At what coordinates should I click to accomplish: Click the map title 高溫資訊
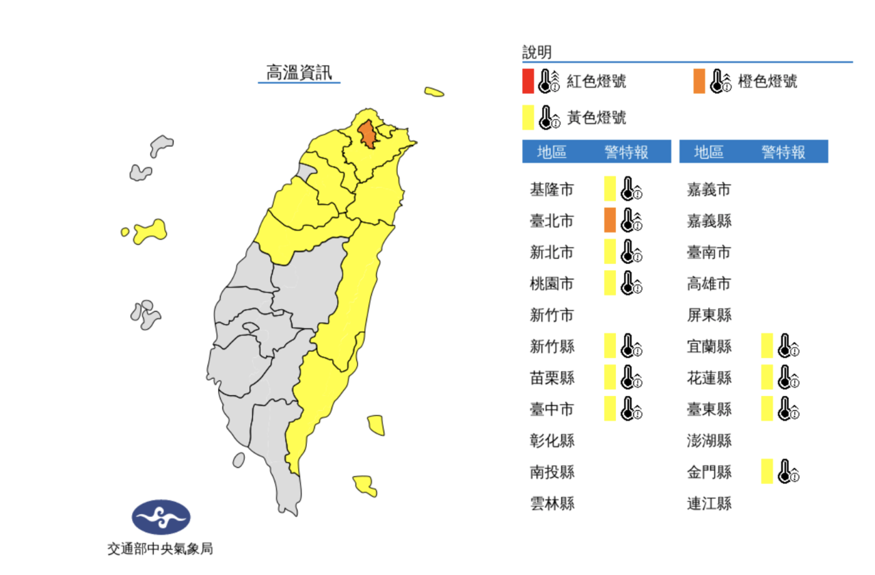tap(299, 72)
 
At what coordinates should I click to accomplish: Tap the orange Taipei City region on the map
tap(368, 135)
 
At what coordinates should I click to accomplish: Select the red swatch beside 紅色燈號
tap(528, 81)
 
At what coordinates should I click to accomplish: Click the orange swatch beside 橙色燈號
tap(699, 81)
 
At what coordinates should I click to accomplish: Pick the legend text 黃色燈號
tap(596, 118)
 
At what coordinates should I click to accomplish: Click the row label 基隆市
tap(552, 189)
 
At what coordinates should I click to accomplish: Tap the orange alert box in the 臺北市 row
tap(610, 220)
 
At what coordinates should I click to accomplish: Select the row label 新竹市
tap(552, 315)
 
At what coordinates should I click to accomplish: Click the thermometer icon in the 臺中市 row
tap(631, 409)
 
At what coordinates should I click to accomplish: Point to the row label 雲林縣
tap(552, 504)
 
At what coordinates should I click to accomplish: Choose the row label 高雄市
tap(709, 284)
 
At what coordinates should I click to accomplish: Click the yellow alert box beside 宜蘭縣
tap(767, 346)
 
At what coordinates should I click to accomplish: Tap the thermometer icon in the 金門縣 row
tap(789, 472)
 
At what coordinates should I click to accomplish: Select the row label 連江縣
tap(709, 504)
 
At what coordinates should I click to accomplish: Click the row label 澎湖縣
tap(709, 440)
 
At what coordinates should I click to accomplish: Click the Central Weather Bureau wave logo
tap(161, 518)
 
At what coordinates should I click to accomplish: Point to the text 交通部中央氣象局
tap(160, 548)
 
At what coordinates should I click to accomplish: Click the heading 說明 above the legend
tap(537, 52)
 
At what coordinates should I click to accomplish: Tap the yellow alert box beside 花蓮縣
tap(767, 377)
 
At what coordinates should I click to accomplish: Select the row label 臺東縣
tap(709, 409)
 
